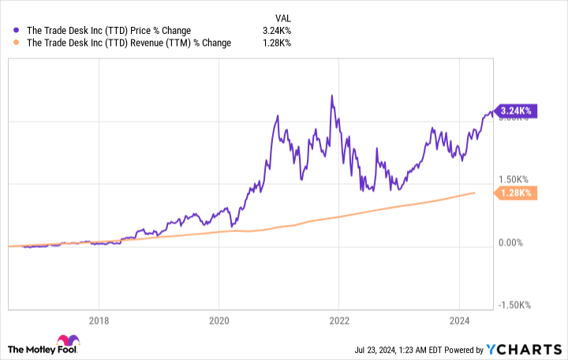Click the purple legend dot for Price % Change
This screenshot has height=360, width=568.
17,30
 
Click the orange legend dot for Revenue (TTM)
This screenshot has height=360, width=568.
17,43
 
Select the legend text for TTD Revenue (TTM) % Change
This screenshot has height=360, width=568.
129,43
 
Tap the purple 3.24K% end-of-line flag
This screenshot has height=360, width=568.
516,113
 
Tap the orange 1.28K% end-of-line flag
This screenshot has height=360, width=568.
516,193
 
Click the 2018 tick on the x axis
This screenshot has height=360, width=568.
99,321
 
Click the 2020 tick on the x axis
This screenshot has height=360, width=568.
219,321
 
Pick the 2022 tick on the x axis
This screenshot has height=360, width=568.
339,321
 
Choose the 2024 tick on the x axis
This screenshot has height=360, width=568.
460,321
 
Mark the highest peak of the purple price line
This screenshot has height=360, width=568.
332,96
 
